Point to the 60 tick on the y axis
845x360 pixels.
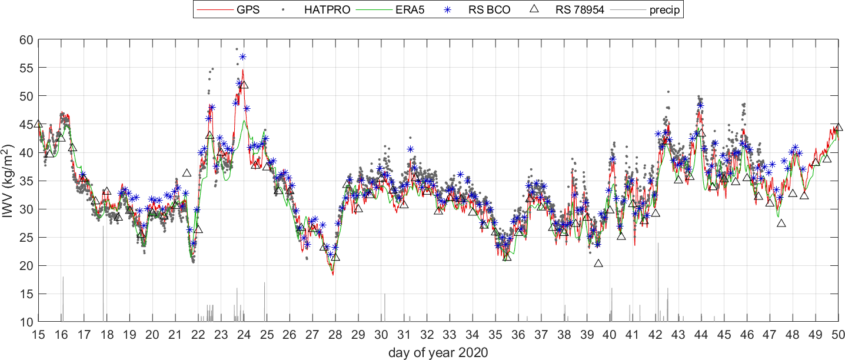26,39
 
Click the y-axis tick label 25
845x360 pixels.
26,237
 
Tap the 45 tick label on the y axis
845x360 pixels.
26,124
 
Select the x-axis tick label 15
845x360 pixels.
38,335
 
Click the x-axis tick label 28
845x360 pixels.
335,335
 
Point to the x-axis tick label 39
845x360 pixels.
587,335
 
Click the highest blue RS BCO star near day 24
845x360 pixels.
242,56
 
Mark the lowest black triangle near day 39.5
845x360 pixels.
598,263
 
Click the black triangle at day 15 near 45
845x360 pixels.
38,124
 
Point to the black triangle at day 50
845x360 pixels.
838,127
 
